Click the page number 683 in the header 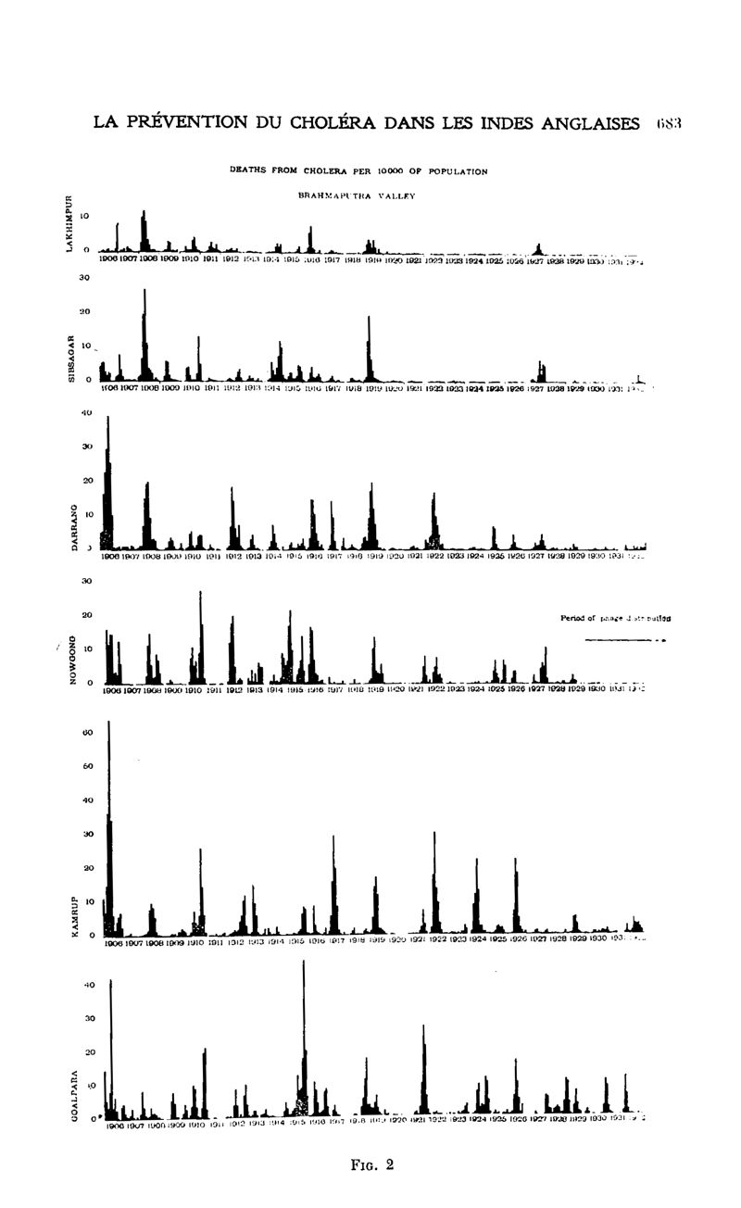tap(668, 124)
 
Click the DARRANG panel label tap(75, 522)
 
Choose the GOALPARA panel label tap(74, 1092)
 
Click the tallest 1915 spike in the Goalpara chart tap(303, 963)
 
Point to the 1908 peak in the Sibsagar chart tap(144, 293)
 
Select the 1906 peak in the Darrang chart tap(108, 419)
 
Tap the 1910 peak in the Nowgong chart tap(200, 593)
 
